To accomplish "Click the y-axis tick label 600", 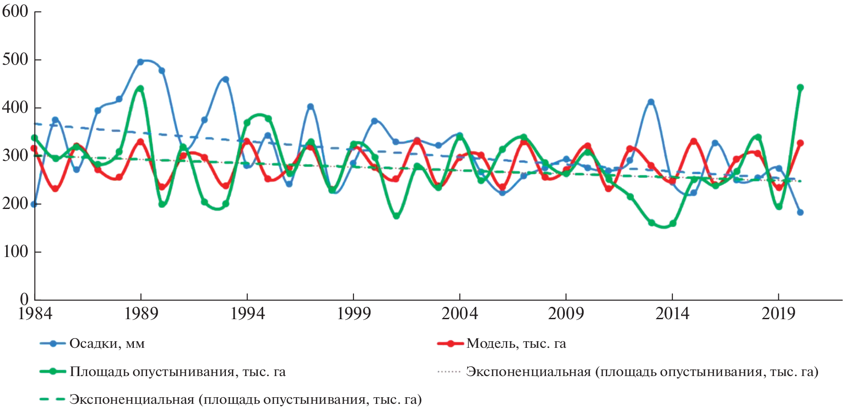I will pos(15,11).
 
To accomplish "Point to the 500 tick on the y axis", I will pos(15,60).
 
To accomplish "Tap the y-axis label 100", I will pos(15,252).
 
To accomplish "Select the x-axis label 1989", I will pos(141,313).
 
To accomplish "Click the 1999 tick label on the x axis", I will pos(354,313).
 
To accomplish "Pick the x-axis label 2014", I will pos(672,313).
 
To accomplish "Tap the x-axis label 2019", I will pos(778,313).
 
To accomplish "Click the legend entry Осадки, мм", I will pos(107,343).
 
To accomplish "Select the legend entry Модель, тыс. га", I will pos(516,343).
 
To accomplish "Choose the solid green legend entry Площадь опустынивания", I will pos(177,372).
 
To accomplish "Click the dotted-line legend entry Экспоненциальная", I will pos(642,372).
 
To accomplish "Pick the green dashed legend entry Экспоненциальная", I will pos(245,399).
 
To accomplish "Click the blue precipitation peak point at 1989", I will pos(140,62).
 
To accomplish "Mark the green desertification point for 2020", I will pos(800,88).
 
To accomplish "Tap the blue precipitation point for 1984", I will pos(34,204).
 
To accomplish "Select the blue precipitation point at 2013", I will pos(651,102).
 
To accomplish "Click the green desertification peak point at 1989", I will pos(140,89).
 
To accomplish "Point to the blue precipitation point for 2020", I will pos(800,212).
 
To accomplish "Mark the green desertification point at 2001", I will pos(396,216).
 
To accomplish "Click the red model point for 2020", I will pos(800,143).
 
